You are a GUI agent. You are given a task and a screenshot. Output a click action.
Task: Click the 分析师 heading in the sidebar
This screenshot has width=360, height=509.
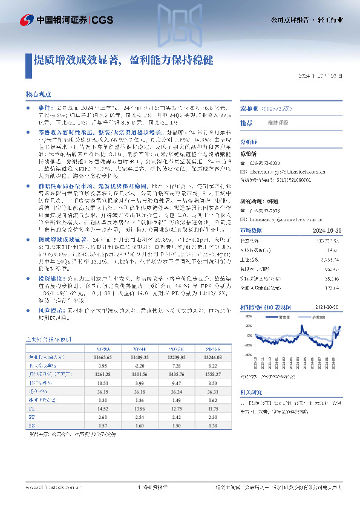[249, 139]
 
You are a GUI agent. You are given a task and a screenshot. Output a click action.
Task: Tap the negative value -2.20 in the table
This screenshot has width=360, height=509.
[139, 366]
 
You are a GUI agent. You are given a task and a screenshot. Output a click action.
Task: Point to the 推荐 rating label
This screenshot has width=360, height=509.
[246, 122]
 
